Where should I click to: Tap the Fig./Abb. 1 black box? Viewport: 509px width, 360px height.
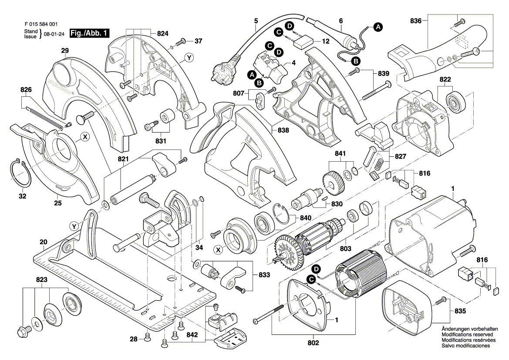[90, 33]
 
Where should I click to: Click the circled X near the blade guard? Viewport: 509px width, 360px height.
[85, 137]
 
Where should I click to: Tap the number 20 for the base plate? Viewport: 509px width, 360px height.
[43, 242]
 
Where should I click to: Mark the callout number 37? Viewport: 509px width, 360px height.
[199, 41]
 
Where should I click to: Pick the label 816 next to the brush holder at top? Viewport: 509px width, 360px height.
[424, 173]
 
